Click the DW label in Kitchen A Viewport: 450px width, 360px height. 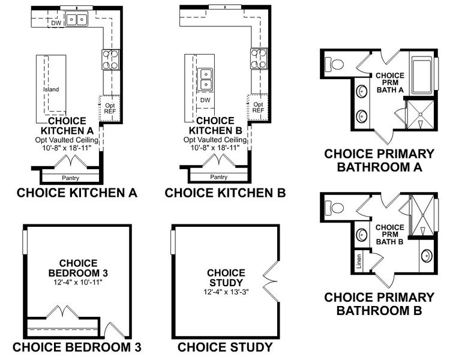[x=56, y=23]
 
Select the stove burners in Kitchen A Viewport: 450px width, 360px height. [x=111, y=59]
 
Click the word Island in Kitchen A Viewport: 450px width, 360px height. [x=51, y=90]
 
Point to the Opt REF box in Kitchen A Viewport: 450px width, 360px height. [x=109, y=106]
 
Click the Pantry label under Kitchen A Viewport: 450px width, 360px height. [x=71, y=178]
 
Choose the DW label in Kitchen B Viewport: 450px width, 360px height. [x=205, y=100]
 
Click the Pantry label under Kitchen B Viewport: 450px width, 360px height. [x=218, y=177]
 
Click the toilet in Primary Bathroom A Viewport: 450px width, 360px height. [x=334, y=62]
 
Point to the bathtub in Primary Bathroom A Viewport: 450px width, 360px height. [x=421, y=73]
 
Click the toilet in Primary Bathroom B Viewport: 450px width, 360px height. [x=334, y=208]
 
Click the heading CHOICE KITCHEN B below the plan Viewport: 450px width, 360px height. [x=225, y=193]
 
